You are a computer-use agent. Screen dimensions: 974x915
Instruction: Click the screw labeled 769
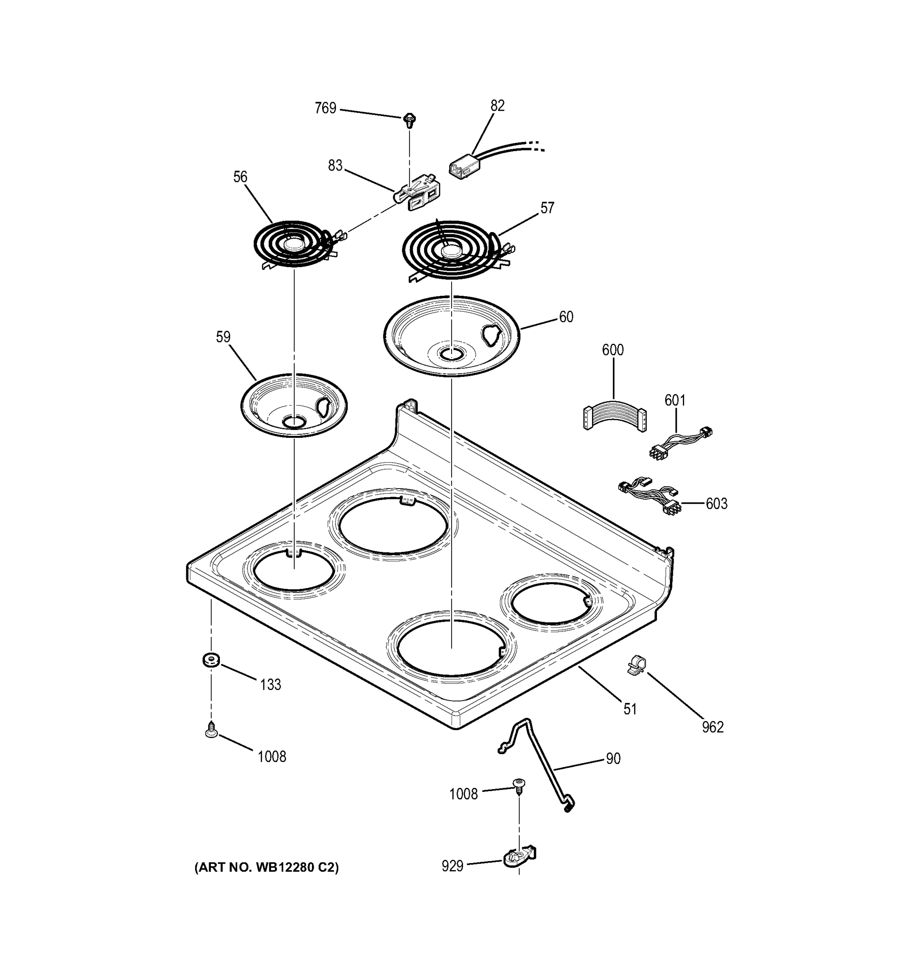409,119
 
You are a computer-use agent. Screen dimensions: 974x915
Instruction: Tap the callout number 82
497,106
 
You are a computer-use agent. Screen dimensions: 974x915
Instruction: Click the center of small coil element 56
293,243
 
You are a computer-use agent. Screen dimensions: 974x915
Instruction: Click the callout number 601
674,400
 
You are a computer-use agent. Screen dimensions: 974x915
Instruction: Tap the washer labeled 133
211,659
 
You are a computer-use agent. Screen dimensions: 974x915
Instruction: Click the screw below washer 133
211,730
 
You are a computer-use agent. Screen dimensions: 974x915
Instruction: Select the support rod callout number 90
613,759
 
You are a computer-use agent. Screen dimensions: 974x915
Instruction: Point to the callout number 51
630,709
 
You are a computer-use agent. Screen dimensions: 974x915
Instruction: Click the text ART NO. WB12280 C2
267,868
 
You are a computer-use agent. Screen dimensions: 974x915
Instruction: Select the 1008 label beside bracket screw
463,794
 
